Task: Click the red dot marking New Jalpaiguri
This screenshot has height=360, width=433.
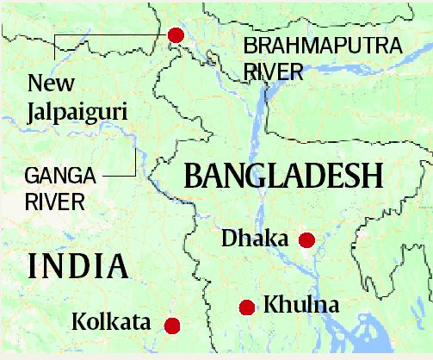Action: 176,35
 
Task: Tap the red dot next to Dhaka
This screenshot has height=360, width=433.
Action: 306,239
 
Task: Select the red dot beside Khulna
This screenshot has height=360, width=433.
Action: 247,307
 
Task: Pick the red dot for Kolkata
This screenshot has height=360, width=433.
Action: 172,326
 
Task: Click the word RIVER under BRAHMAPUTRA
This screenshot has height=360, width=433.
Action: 273,71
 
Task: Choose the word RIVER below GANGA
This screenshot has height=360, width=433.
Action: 54,203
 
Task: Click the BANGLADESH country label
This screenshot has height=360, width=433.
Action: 283,177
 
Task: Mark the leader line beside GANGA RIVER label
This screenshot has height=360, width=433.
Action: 135,164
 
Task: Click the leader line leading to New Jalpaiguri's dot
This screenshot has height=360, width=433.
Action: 108,35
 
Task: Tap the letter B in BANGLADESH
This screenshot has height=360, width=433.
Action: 195,177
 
